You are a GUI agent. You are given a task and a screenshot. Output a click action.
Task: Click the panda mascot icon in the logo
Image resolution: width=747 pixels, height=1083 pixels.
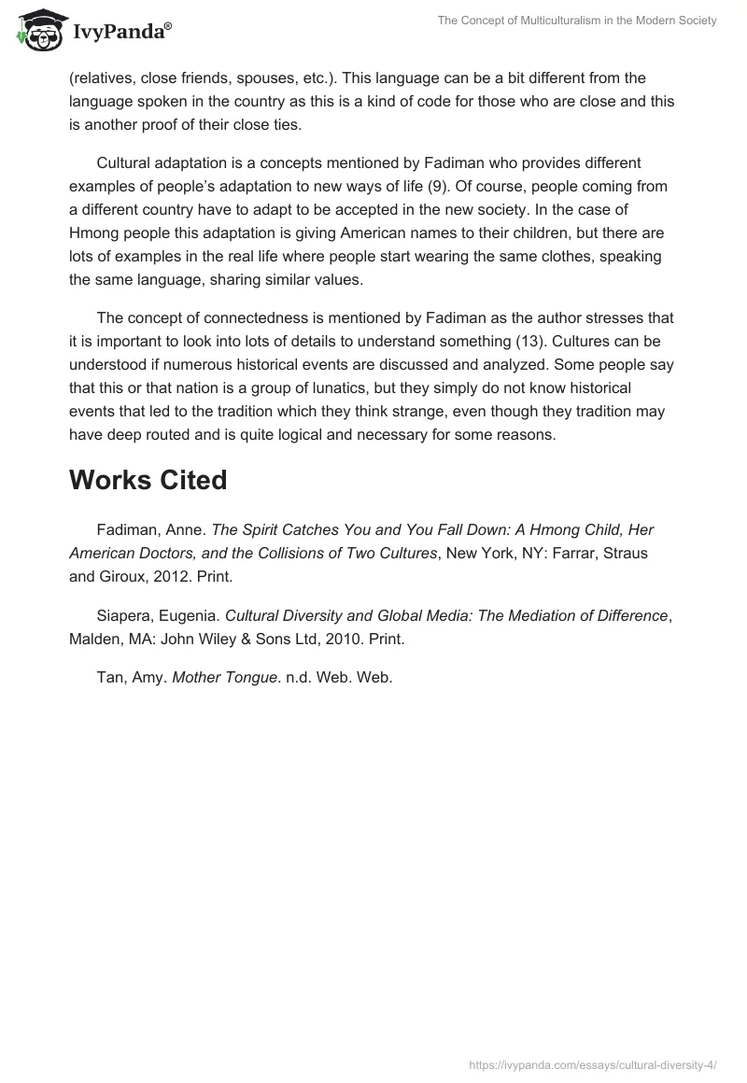(x=36, y=30)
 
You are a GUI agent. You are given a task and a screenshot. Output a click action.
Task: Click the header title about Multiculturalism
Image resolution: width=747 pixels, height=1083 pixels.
(x=576, y=21)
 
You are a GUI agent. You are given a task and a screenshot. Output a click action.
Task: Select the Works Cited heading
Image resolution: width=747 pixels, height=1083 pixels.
(x=148, y=480)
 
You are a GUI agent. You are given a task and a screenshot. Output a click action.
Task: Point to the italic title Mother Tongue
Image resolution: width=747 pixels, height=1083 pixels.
(x=220, y=679)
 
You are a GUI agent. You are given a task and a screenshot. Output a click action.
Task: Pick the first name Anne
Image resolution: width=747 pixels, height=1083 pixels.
(x=187, y=529)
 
